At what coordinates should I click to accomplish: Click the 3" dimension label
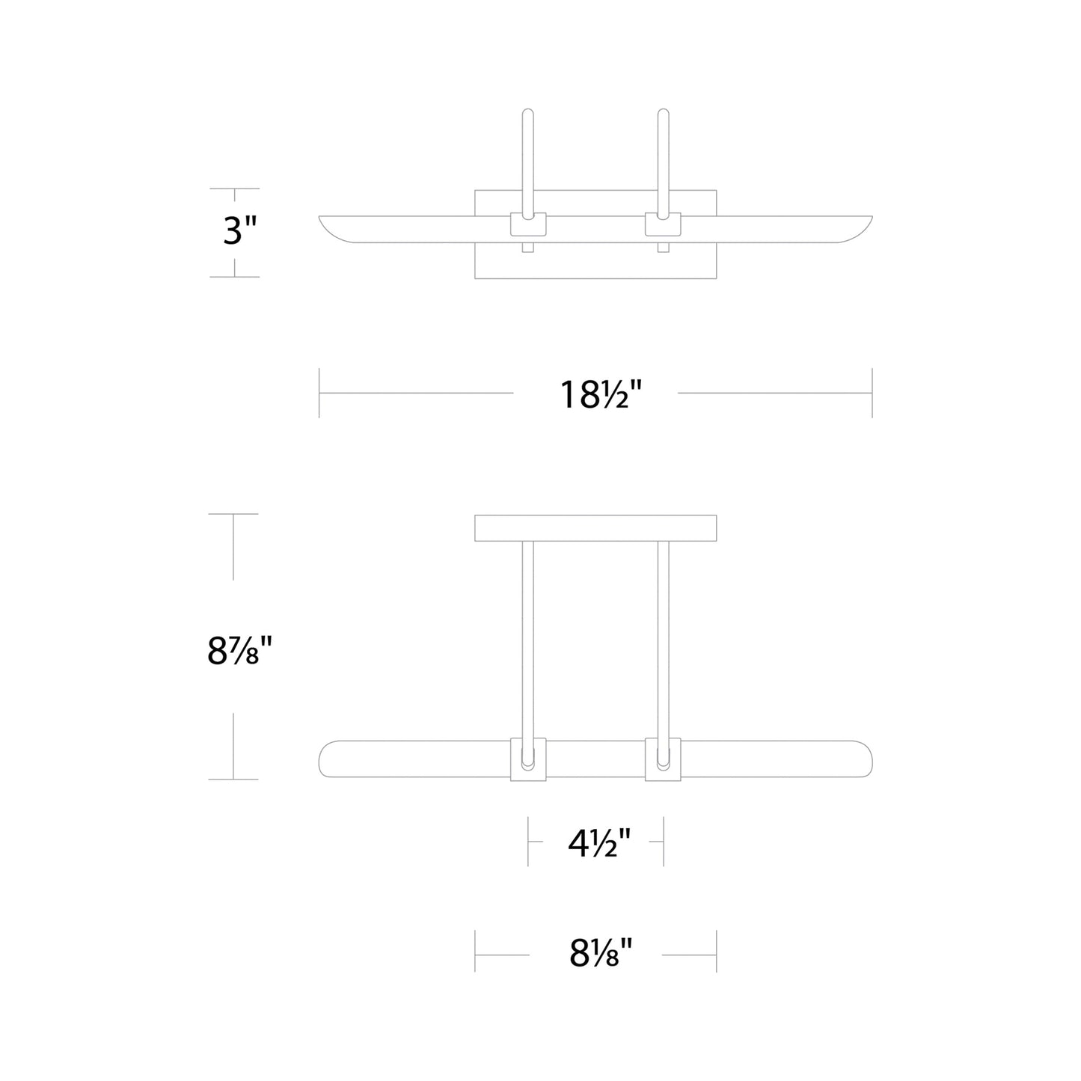point(239,231)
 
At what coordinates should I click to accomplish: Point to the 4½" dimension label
point(599,845)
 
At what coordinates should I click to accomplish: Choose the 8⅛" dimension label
point(601,953)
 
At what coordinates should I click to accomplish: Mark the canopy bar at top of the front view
point(595,528)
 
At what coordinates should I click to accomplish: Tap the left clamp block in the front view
point(528,759)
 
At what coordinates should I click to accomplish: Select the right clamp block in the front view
point(663,759)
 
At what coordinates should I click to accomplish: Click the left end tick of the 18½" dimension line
point(319,393)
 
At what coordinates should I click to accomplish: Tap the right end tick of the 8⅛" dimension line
point(716,952)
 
